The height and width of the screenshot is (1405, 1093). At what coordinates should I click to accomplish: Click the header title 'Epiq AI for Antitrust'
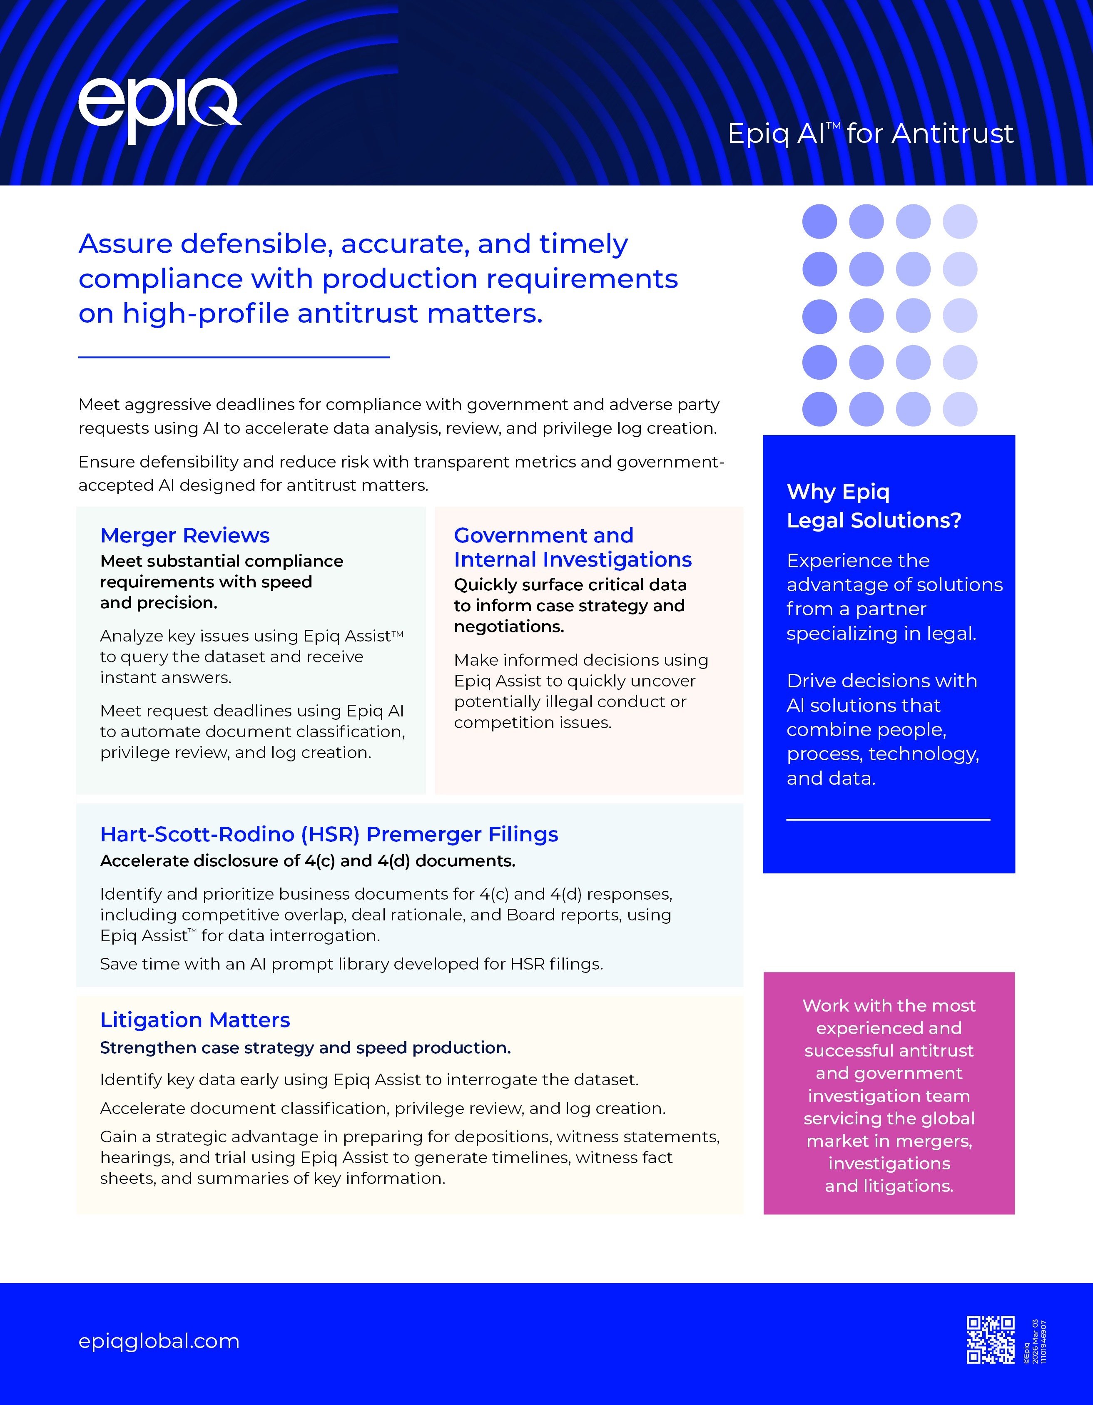870,134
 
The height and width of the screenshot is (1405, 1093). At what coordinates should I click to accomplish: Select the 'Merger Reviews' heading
184,535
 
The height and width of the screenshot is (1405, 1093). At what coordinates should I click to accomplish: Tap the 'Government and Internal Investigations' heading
572,547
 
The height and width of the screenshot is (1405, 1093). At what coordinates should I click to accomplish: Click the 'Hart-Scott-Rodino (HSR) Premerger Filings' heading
329,834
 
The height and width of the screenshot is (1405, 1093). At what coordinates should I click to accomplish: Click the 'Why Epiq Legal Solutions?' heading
873,506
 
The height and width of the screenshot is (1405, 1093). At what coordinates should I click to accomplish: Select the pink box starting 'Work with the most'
889,1094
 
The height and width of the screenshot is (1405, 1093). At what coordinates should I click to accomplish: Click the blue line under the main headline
234,356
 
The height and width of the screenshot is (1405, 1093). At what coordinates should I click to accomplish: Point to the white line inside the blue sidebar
888,820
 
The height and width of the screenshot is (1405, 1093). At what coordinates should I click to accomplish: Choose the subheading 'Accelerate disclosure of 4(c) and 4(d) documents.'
308,861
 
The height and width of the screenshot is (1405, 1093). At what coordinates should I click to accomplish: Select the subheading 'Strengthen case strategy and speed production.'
305,1047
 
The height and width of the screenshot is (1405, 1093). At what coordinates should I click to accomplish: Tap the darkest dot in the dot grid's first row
819,222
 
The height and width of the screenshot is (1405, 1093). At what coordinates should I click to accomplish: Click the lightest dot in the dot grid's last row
960,409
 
